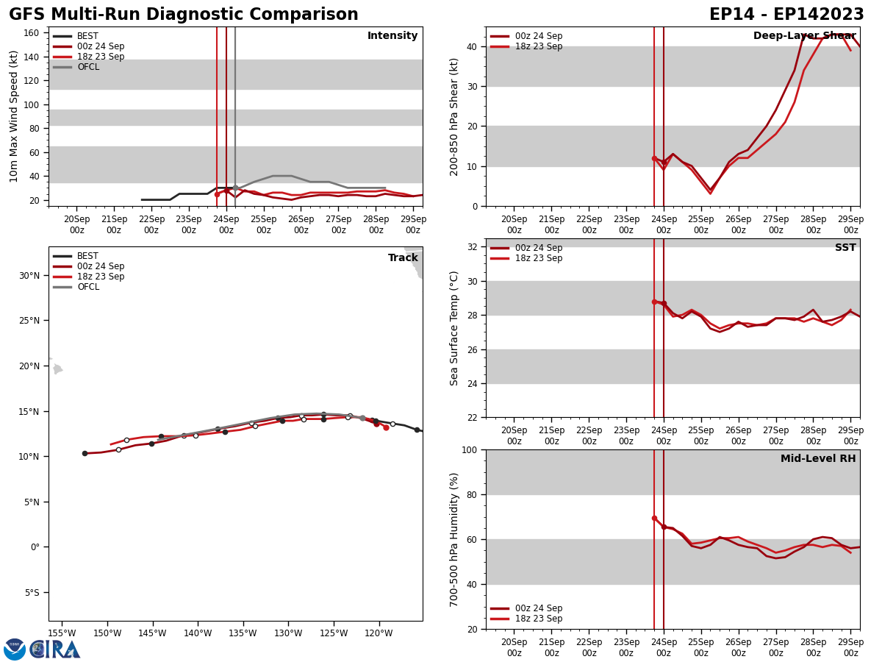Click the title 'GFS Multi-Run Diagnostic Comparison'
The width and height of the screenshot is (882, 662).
pyautogui.click(x=183, y=15)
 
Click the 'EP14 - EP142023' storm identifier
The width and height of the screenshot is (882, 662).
pyautogui.click(x=786, y=15)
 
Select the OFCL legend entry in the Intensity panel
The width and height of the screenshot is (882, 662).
pyautogui.click(x=87, y=67)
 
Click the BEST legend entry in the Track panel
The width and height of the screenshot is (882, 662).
pyautogui.click(x=87, y=256)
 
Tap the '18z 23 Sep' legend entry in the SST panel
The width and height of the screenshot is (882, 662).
pyautogui.click(x=538, y=258)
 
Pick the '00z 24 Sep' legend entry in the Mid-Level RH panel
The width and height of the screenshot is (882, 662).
pyautogui.click(x=538, y=608)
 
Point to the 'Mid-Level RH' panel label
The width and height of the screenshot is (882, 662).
pyautogui.click(x=818, y=459)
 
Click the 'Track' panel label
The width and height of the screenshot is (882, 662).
pyautogui.click(x=403, y=258)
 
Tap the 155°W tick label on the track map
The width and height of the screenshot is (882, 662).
pyautogui.click(x=62, y=633)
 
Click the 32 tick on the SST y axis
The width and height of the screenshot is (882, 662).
pyautogui.click(x=473, y=247)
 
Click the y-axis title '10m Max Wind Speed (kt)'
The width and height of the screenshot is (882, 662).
pyautogui.click(x=15, y=116)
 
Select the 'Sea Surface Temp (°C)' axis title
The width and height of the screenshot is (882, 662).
pyautogui.click(x=454, y=328)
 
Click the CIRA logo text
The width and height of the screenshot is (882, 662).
pyautogui.click(x=55, y=649)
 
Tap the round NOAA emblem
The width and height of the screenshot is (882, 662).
pyautogui.click(x=15, y=649)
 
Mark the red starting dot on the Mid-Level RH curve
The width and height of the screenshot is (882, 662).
pyautogui.click(x=654, y=519)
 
